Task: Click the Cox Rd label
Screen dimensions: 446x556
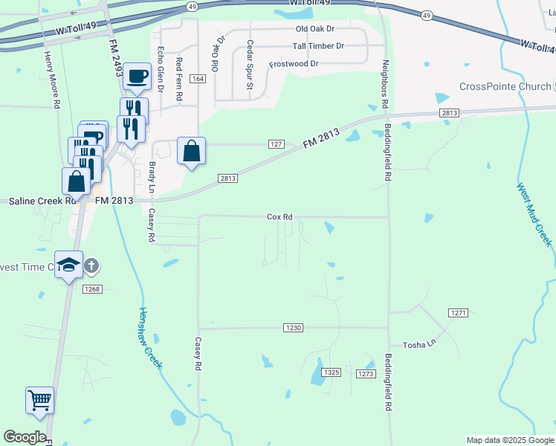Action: click(x=279, y=217)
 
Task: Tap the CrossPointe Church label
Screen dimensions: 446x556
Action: click(x=505, y=86)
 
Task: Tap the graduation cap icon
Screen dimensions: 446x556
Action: click(x=68, y=265)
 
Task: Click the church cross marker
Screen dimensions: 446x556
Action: click(x=91, y=265)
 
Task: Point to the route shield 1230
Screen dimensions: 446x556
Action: click(x=294, y=328)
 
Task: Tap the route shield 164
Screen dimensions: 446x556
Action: click(x=197, y=79)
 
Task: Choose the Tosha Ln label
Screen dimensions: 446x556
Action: click(x=418, y=345)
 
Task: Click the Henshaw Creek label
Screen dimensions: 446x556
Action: click(x=150, y=338)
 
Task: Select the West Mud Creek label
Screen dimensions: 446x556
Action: click(x=534, y=216)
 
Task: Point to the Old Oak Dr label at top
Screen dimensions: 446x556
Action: click(x=315, y=29)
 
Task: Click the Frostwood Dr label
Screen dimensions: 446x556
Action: click(x=294, y=64)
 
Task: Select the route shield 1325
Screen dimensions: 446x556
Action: click(x=332, y=372)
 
